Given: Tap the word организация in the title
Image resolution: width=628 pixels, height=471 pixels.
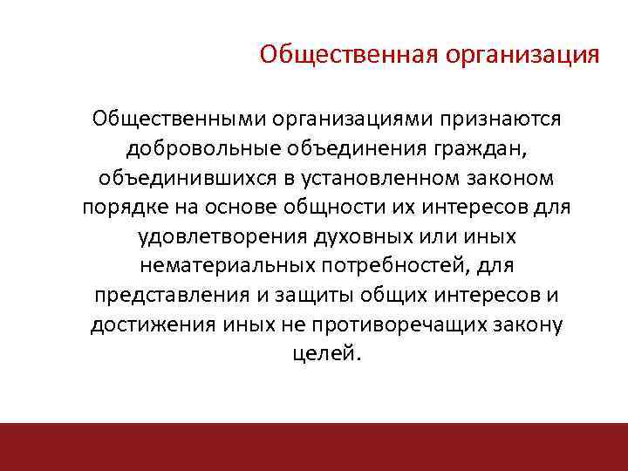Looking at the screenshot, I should (x=521, y=55).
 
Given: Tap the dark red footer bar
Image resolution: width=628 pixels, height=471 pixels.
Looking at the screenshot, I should (x=314, y=447).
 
